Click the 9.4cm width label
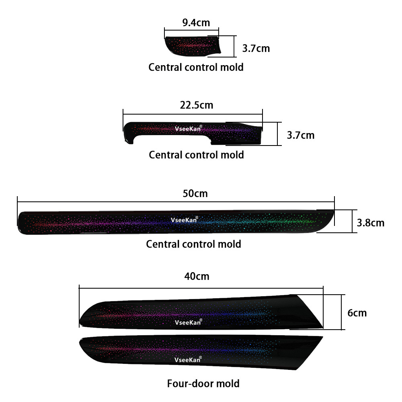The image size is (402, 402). [x=196, y=23]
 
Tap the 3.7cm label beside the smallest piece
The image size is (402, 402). [x=256, y=49]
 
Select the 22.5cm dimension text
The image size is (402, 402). [x=197, y=105]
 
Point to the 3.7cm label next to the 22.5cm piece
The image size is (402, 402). [x=300, y=135]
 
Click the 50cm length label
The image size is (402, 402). [x=195, y=194]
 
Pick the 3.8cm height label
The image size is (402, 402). [x=371, y=223]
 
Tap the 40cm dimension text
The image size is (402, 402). [x=197, y=277]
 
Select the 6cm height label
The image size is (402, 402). [x=357, y=313]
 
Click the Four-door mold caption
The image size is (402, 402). [x=203, y=384]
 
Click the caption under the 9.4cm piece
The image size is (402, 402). [x=196, y=67]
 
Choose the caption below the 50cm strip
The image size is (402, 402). [x=194, y=244]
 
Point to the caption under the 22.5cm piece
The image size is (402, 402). [x=197, y=155]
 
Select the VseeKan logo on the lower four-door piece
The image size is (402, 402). [x=188, y=360]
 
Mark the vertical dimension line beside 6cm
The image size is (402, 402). [x=341, y=312]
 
